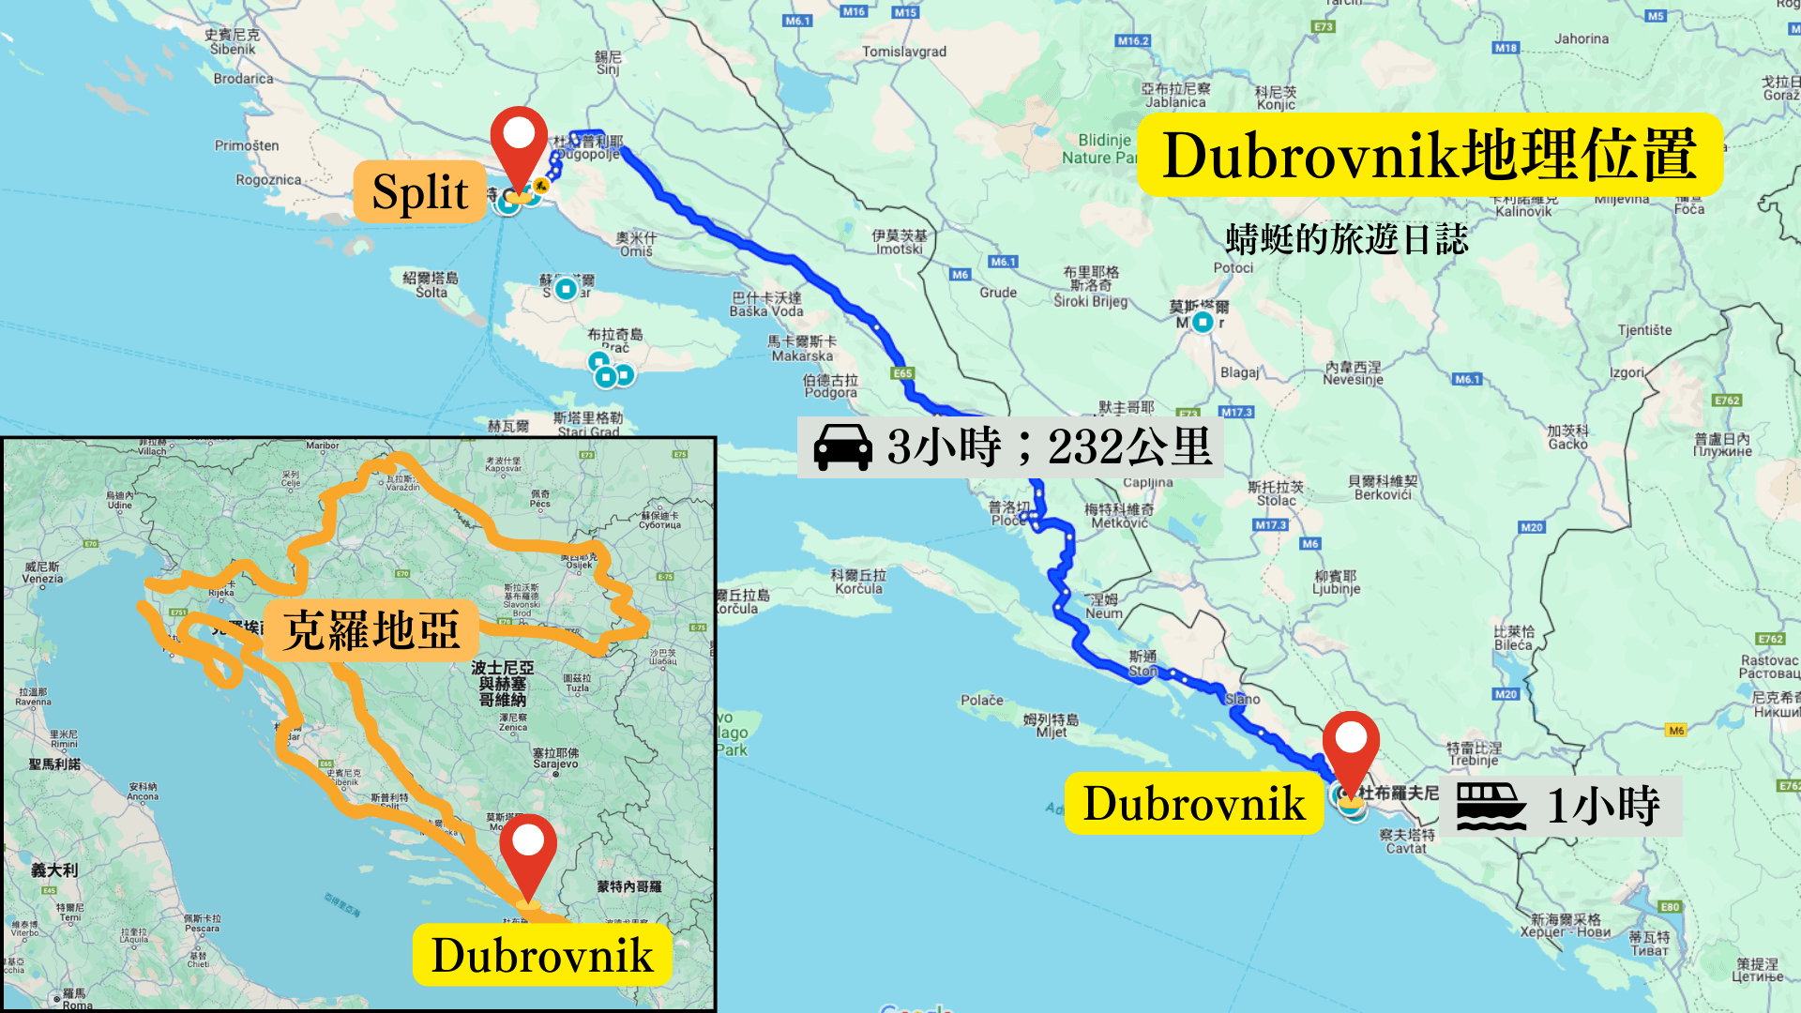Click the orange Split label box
coord(420,192)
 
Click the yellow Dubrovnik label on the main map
coord(1193,804)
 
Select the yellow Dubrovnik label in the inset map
coord(542,956)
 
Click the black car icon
coord(842,446)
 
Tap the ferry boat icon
coord(1491,806)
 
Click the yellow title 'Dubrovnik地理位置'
coord(1430,155)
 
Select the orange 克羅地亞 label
coord(371,630)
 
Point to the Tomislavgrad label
coord(904,52)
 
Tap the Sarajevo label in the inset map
coord(555,759)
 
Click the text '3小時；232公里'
coord(1050,446)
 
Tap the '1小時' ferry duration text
coord(1603,806)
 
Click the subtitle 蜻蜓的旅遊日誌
coord(1346,239)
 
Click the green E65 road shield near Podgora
coord(902,373)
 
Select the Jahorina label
coord(1582,38)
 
